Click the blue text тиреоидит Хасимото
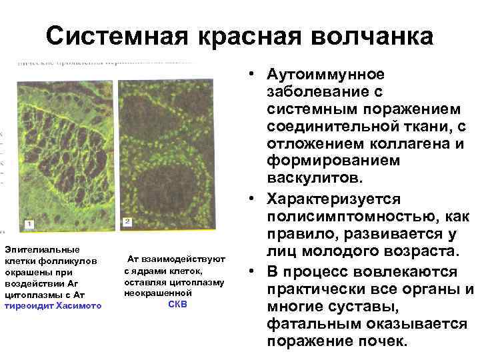tap(53, 305)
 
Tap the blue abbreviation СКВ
tap(177, 304)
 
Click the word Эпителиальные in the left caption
tap(42, 249)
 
